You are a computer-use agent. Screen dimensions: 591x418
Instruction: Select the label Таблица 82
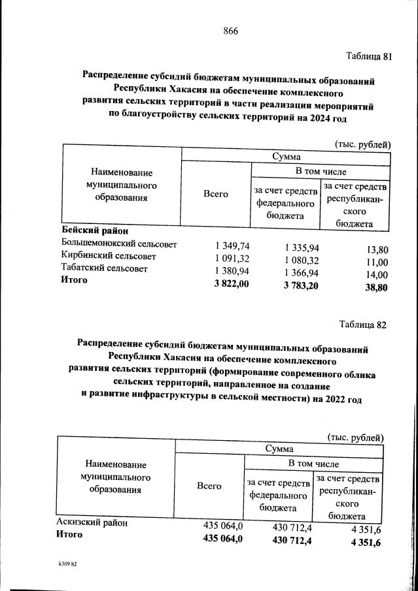pyautogui.click(x=363, y=325)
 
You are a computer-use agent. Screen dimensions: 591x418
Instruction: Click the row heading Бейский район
pyautogui.click(x=95, y=231)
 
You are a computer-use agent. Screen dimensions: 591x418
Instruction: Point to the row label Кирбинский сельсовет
pyautogui.click(x=109, y=256)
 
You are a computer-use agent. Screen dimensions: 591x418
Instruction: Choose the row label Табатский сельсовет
pyautogui.click(x=105, y=268)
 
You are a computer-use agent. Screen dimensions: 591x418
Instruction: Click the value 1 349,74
pyautogui.click(x=232, y=246)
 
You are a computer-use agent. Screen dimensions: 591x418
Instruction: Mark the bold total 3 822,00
pyautogui.click(x=230, y=283)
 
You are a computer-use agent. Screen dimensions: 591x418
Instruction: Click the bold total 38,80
pyautogui.click(x=375, y=287)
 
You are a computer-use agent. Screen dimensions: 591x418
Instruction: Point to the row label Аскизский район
pyautogui.click(x=92, y=522)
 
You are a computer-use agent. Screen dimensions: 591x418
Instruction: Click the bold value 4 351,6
pyautogui.click(x=366, y=543)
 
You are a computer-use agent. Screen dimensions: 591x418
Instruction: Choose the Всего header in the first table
pyautogui.click(x=216, y=194)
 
